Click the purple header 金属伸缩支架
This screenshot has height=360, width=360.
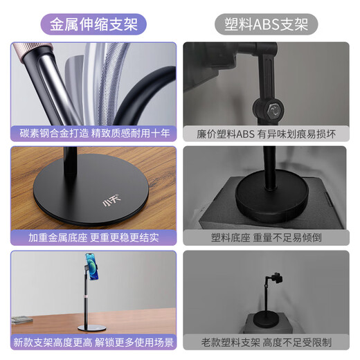coord(93,24)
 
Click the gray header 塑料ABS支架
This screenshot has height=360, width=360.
coord(270,24)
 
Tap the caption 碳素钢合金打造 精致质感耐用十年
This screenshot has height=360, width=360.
coord(93,132)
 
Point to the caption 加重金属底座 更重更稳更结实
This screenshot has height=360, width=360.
coord(93,237)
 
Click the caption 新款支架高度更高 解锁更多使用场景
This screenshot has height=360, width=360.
coord(93,342)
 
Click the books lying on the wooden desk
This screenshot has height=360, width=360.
coord(23,320)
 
